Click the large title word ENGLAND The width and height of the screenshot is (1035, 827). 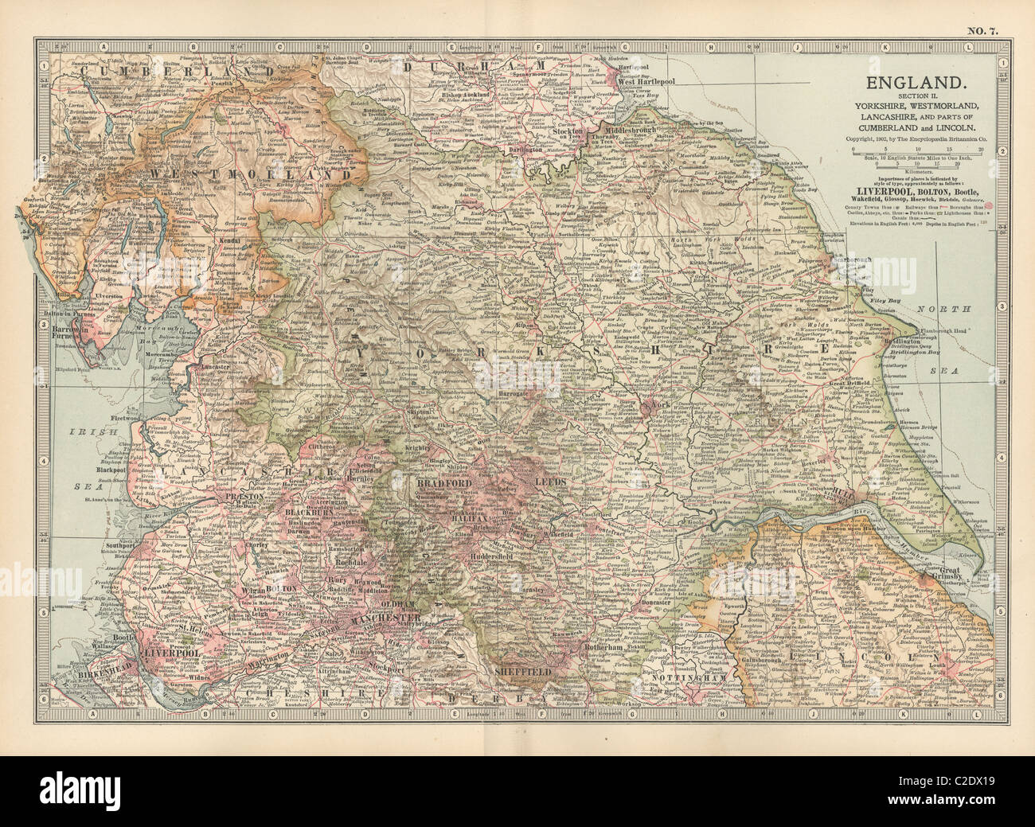coord(920,82)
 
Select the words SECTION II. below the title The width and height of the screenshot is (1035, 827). coord(919,96)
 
